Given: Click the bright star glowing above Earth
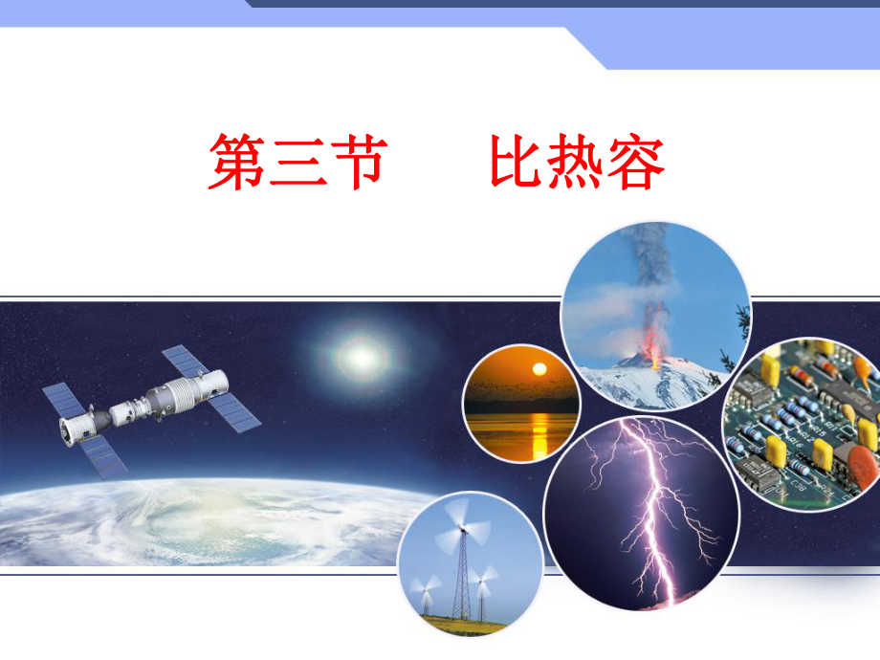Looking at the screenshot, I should click(x=362, y=356).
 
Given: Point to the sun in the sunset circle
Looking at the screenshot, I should click(x=539, y=369).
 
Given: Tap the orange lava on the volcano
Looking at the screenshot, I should click(x=653, y=351).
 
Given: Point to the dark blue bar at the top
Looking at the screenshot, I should click(x=564, y=4).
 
